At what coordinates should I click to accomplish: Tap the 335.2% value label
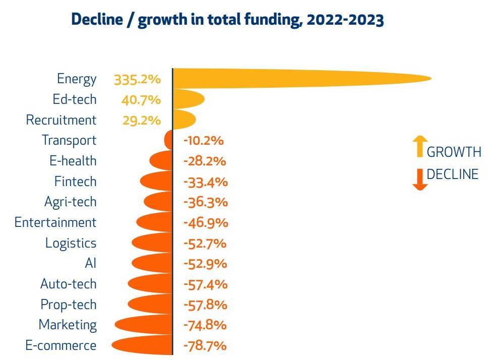pyautogui.click(x=137, y=80)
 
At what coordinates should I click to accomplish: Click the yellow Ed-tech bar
pyautogui.click(x=187, y=99)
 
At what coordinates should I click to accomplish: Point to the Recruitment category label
pyautogui.click(x=61, y=120)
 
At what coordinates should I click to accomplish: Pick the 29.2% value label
pyautogui.click(x=142, y=121)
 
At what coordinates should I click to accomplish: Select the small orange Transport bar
pyautogui.click(x=169, y=140)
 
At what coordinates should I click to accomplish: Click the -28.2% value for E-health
pyautogui.click(x=204, y=161)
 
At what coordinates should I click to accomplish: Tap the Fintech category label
pyautogui.click(x=75, y=182)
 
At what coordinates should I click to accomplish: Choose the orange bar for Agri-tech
pyautogui.click(x=159, y=202)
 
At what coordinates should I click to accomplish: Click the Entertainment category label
pyautogui.click(x=55, y=222)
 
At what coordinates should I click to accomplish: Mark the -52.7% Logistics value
pyautogui.click(x=204, y=244)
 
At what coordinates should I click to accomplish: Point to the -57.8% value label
pyautogui.click(x=205, y=305)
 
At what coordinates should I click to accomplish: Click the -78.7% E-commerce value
pyautogui.click(x=204, y=346)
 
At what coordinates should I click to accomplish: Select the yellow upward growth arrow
pyautogui.click(x=419, y=147)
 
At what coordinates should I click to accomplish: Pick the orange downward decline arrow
pyautogui.click(x=419, y=179)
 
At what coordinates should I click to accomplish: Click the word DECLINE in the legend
pyautogui.click(x=453, y=174)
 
